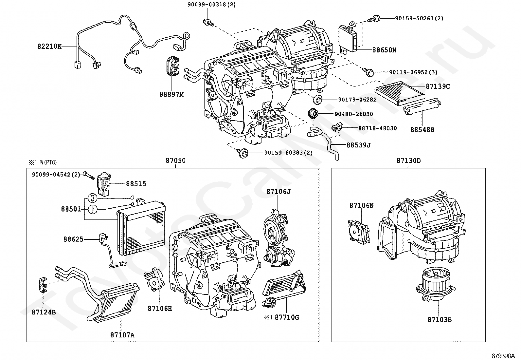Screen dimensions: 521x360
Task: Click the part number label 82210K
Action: point(49,47)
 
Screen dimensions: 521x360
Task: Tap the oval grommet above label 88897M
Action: point(173,66)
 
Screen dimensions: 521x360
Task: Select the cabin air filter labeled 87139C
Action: point(400,93)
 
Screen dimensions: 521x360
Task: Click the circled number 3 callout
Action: point(93,198)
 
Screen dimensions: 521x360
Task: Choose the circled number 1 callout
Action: point(93,209)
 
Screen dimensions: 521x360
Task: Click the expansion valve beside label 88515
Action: point(104,184)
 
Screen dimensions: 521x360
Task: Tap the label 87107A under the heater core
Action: point(122,335)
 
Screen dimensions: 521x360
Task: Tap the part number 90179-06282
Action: point(357,100)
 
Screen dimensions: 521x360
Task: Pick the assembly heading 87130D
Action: point(409,161)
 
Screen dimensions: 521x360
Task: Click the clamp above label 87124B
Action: point(43,285)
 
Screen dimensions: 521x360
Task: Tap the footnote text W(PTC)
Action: point(48,162)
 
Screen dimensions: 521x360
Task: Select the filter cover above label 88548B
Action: point(422,106)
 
